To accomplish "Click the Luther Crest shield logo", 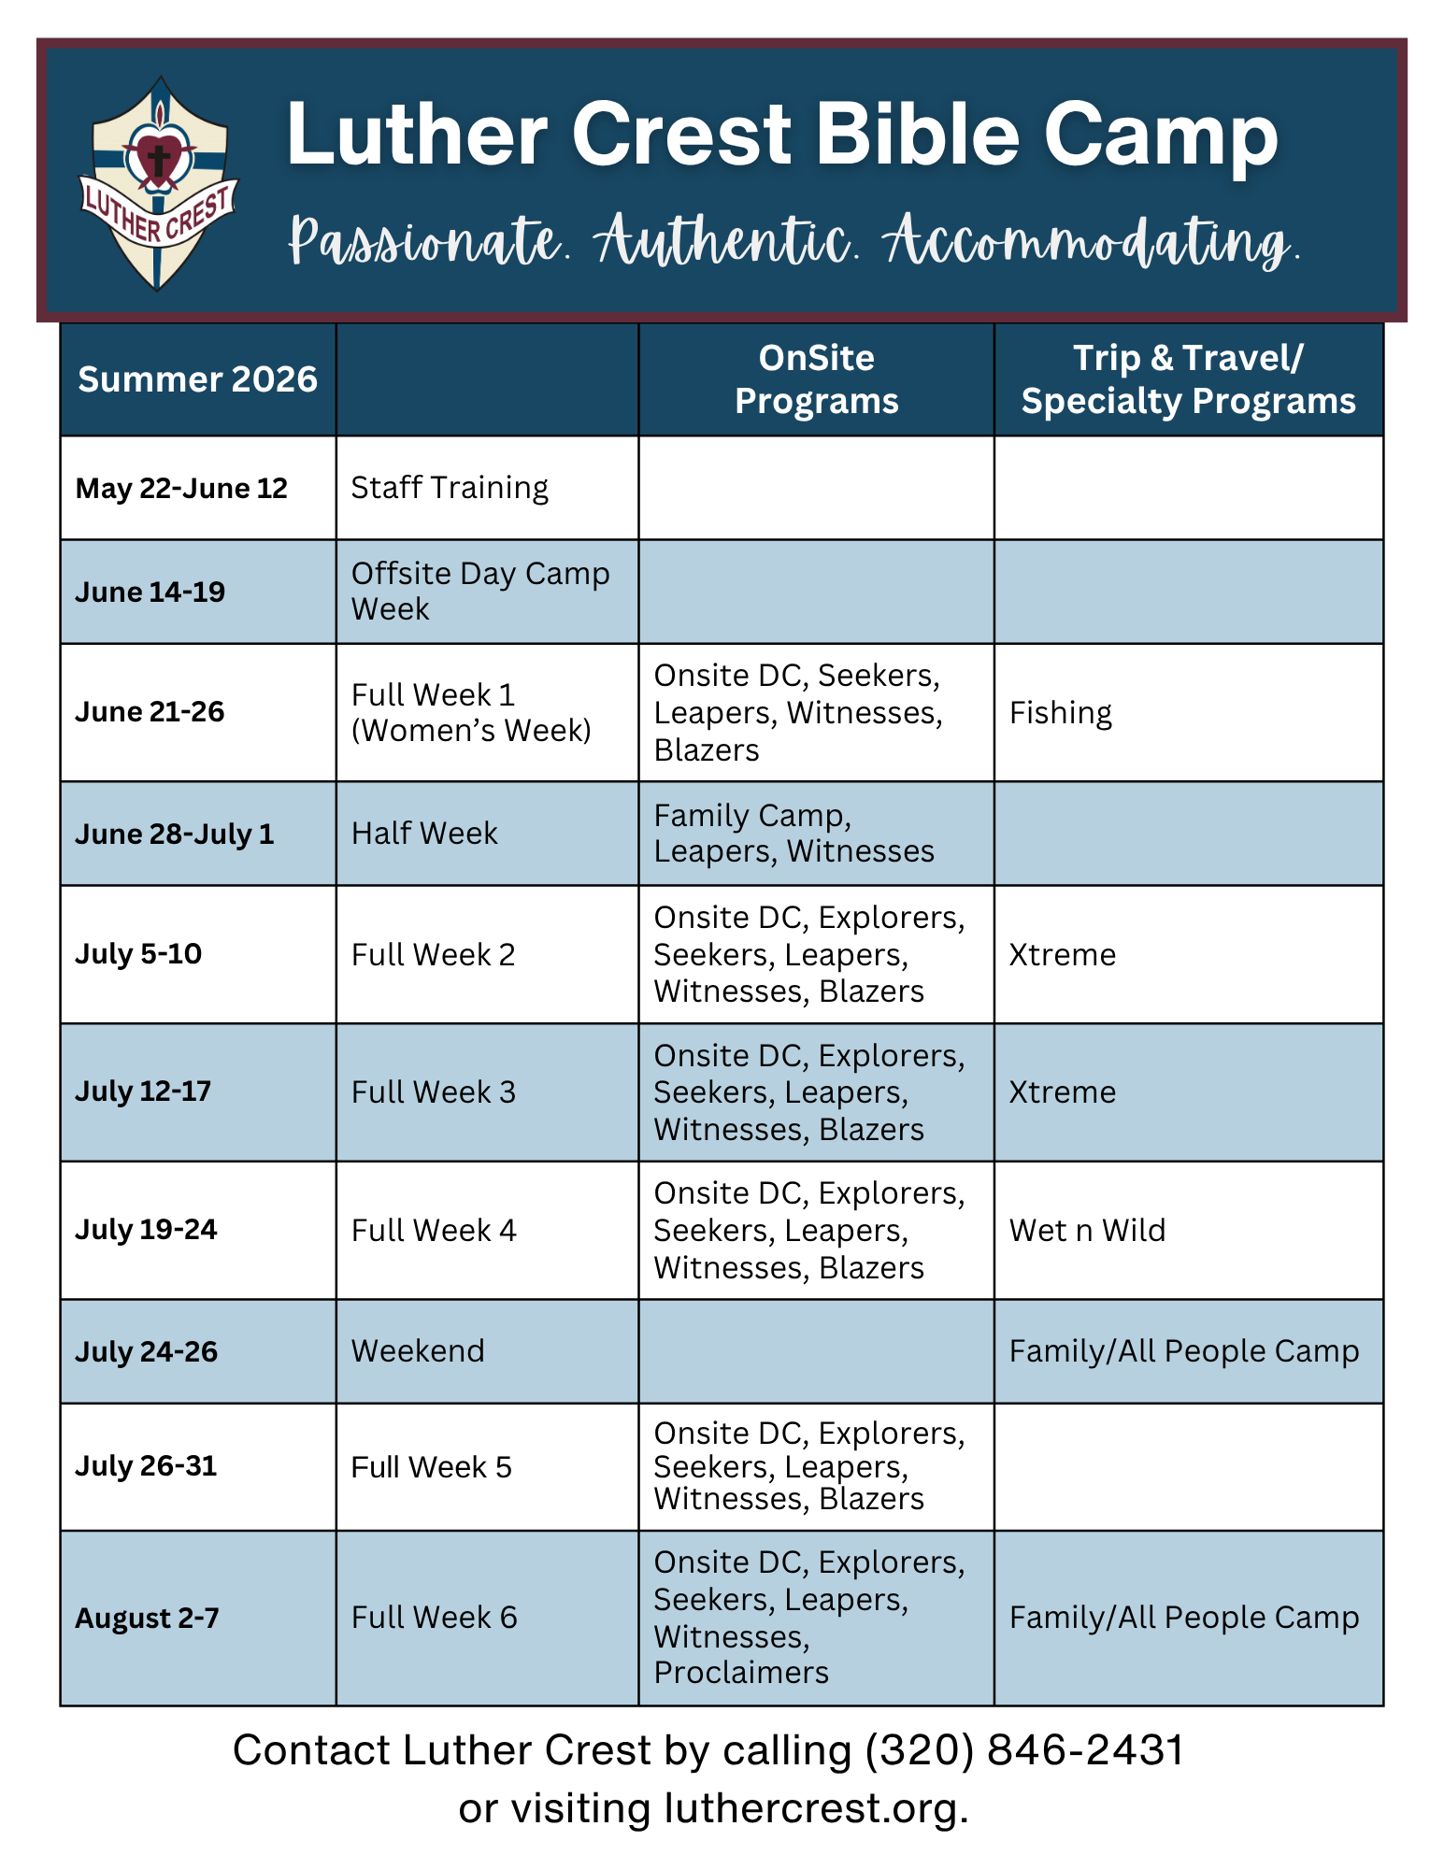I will (x=158, y=183).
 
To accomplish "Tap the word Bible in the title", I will (x=916, y=135).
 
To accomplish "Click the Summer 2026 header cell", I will (x=197, y=379).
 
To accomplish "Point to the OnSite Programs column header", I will (x=816, y=379).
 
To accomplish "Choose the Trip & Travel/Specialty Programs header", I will (x=1188, y=379).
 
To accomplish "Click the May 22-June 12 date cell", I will (x=181, y=488).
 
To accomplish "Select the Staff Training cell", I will (x=450, y=488).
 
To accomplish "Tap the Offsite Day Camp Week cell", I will (x=480, y=591).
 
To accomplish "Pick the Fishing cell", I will (x=1061, y=713).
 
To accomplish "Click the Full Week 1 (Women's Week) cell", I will (x=472, y=713).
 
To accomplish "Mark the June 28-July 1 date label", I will (x=175, y=834).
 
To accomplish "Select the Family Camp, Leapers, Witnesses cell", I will (x=793, y=834).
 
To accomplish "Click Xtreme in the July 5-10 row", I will (x=1063, y=955).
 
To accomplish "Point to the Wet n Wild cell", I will (x=1087, y=1231).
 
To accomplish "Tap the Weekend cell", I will (x=418, y=1351).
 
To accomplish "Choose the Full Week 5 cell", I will (x=431, y=1467).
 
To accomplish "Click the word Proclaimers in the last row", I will (x=741, y=1673).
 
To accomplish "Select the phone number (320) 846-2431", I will (x=1025, y=1750).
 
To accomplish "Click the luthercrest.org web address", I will (x=815, y=1809).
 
